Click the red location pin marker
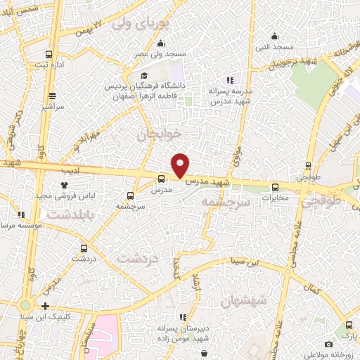(x=181, y=165)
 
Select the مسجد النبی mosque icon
(x=274, y=36)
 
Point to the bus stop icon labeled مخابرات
(x=275, y=187)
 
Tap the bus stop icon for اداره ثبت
(x=49, y=55)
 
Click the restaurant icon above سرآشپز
(x=52, y=96)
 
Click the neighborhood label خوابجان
(x=159, y=133)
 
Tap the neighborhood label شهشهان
(x=244, y=301)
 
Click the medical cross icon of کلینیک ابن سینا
(x=46, y=306)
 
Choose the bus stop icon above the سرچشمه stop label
(x=129, y=196)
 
